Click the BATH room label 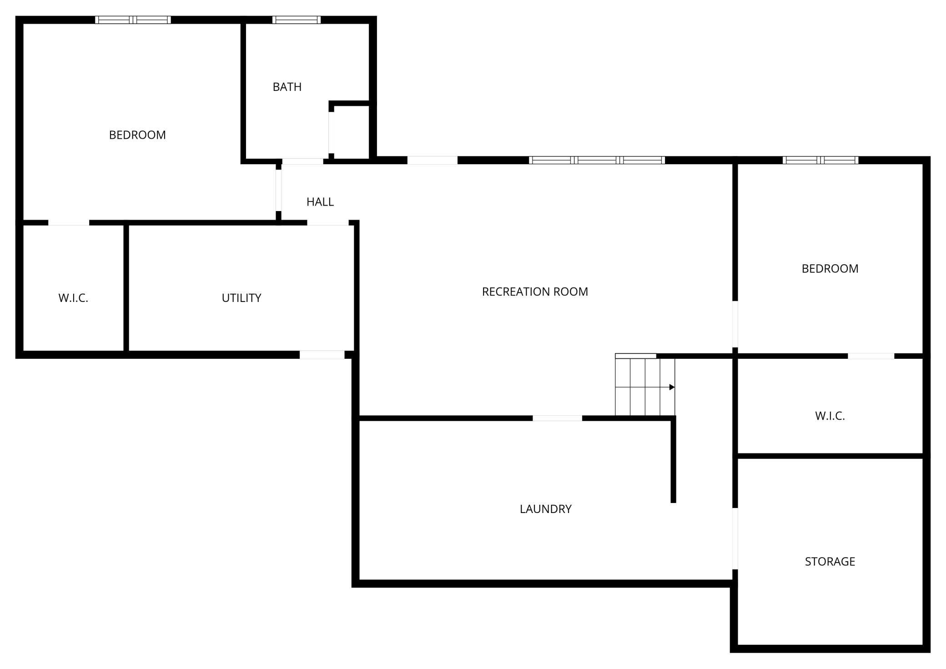click(x=287, y=87)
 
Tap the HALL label click(x=320, y=202)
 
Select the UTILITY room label click(x=242, y=298)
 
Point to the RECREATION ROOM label click(x=535, y=292)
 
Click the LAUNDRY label click(x=545, y=509)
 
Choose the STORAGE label click(x=830, y=562)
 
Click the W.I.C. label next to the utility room click(x=73, y=298)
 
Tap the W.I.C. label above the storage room click(x=830, y=416)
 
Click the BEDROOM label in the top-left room click(x=137, y=135)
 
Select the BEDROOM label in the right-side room click(x=830, y=269)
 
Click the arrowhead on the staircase click(x=672, y=387)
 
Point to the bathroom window click(x=297, y=20)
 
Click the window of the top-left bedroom click(x=133, y=20)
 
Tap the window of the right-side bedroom click(x=820, y=160)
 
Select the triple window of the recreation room click(x=597, y=160)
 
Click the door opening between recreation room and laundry click(x=557, y=418)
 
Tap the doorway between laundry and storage click(x=735, y=538)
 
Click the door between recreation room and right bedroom click(x=735, y=324)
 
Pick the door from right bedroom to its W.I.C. click(x=871, y=356)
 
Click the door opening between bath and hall click(x=303, y=161)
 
